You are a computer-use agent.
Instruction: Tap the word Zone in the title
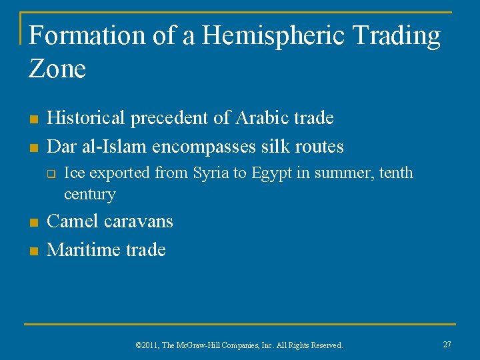pyautogui.click(x=57, y=68)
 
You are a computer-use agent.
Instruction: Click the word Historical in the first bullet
pyautogui.click(x=87, y=118)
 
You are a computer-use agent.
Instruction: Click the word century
pyautogui.click(x=89, y=195)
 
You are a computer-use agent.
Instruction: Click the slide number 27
pyautogui.click(x=447, y=344)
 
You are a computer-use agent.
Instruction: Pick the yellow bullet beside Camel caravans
pyautogui.click(x=32, y=222)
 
